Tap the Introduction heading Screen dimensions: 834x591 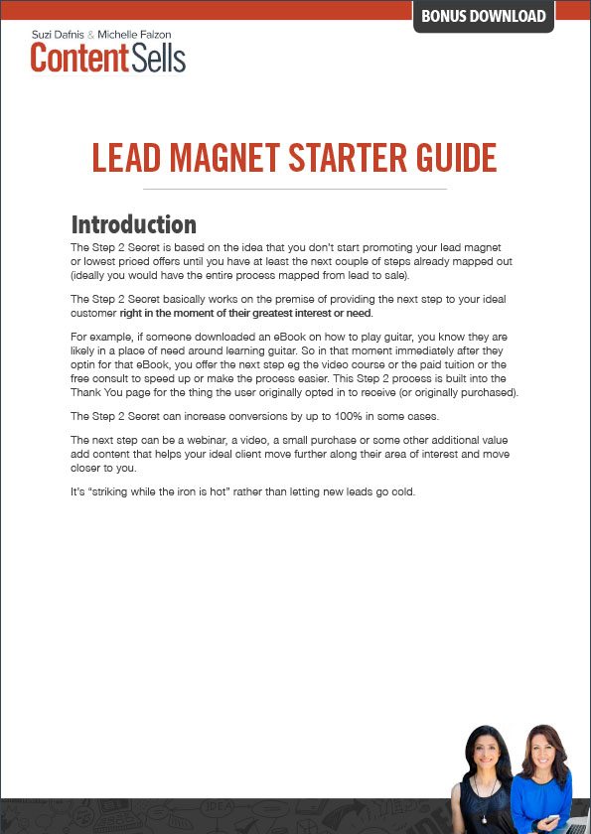[133, 224]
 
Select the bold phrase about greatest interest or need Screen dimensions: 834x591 [251, 313]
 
